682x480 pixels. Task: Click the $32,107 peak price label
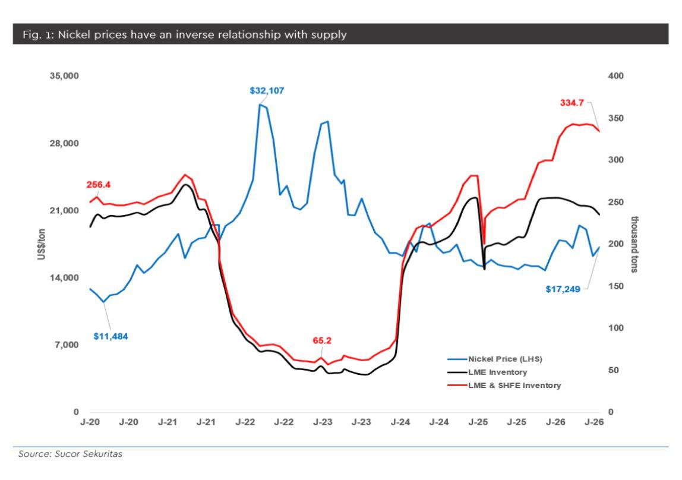tap(267, 91)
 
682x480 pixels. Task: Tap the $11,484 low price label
tap(111, 336)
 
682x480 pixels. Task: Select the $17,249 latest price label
tap(563, 289)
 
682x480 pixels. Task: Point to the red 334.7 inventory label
tap(572, 103)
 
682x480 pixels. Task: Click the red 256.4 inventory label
tap(98, 185)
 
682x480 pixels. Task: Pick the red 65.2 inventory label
tap(322, 340)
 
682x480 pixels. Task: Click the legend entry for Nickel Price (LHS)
tap(495, 359)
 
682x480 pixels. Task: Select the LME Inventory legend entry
tap(487, 372)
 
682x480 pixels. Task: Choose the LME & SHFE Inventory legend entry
tap(504, 385)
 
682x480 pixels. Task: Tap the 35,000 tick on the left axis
tap(64, 76)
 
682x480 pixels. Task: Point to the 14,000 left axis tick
tap(64, 278)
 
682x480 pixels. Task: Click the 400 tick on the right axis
tap(616, 76)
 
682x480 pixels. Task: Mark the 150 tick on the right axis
tap(616, 286)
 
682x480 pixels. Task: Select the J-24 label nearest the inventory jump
tap(400, 422)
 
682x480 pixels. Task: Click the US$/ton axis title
tap(42, 244)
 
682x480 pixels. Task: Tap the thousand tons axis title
tap(634, 244)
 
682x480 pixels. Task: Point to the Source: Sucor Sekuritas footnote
tap(70, 454)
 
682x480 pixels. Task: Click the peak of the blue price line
tap(260, 105)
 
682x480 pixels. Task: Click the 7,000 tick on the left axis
tap(67, 345)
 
